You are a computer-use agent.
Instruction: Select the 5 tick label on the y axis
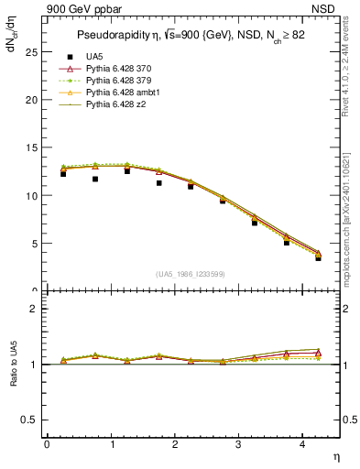34,244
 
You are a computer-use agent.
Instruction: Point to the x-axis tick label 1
112,444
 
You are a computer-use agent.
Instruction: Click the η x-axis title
334,456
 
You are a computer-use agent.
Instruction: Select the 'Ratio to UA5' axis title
12,365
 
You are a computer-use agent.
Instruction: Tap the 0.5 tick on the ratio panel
30,420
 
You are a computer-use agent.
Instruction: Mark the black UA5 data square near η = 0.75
95,180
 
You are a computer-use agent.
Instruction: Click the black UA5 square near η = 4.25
318,258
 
